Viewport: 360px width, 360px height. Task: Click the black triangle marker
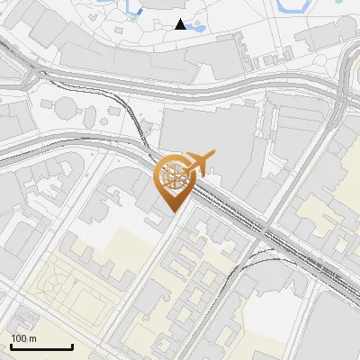point(181,24)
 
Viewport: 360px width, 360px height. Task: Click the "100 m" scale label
point(23,337)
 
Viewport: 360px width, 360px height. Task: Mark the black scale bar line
point(41,346)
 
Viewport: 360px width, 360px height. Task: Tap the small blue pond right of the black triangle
point(199,28)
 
